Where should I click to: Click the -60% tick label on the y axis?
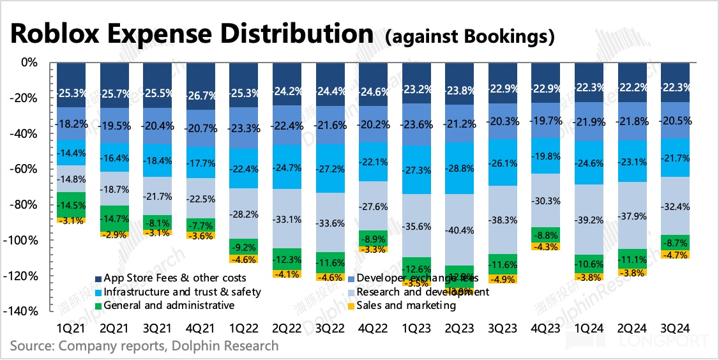coord(29,170)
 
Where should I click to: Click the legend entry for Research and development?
coord(423,292)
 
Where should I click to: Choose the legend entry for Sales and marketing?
coord(407,305)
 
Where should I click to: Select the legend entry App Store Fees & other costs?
coord(170,278)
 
